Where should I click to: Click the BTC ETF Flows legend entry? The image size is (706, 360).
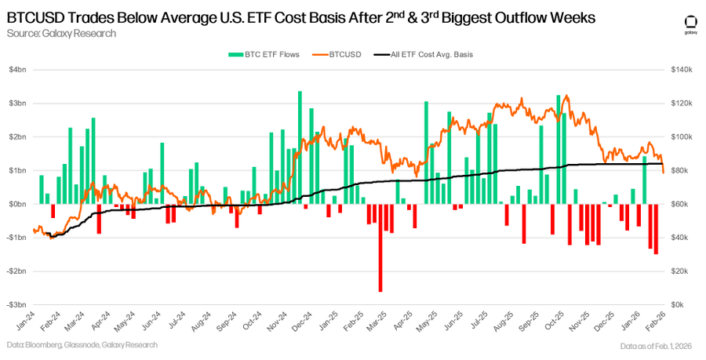pos(256,54)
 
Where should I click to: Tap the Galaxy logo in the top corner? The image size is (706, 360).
pos(690,24)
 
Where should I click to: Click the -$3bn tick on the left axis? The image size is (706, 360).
pos(16,304)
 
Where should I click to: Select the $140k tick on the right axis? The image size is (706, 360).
pos(682,70)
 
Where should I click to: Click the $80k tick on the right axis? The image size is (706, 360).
pos(679,170)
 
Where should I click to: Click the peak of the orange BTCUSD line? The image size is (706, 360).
pos(566,96)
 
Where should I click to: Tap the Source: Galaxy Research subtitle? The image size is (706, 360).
pos(61,33)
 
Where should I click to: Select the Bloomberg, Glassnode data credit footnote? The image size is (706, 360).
pos(82,345)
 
